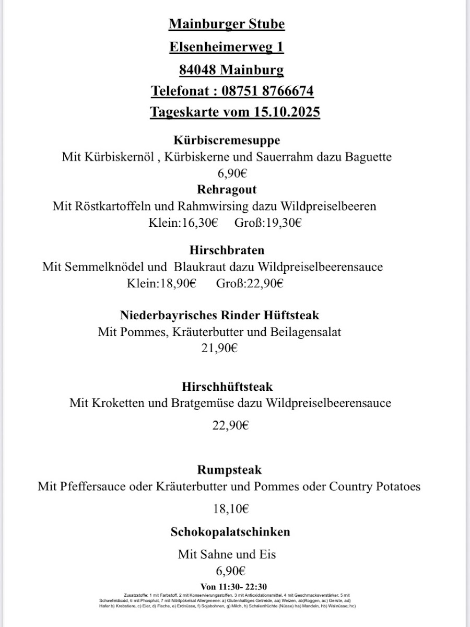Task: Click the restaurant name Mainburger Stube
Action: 227,24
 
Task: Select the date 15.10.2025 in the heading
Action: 287,112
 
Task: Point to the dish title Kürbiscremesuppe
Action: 227,140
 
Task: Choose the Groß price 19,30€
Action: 283,223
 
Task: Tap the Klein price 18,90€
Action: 178,284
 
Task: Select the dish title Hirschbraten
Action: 227,250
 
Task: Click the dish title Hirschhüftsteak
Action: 227,387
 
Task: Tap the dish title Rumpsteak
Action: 230,470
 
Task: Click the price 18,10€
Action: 230,508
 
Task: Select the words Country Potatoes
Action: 374,486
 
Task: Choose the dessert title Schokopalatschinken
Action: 230,532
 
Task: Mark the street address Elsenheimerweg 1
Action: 227,47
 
